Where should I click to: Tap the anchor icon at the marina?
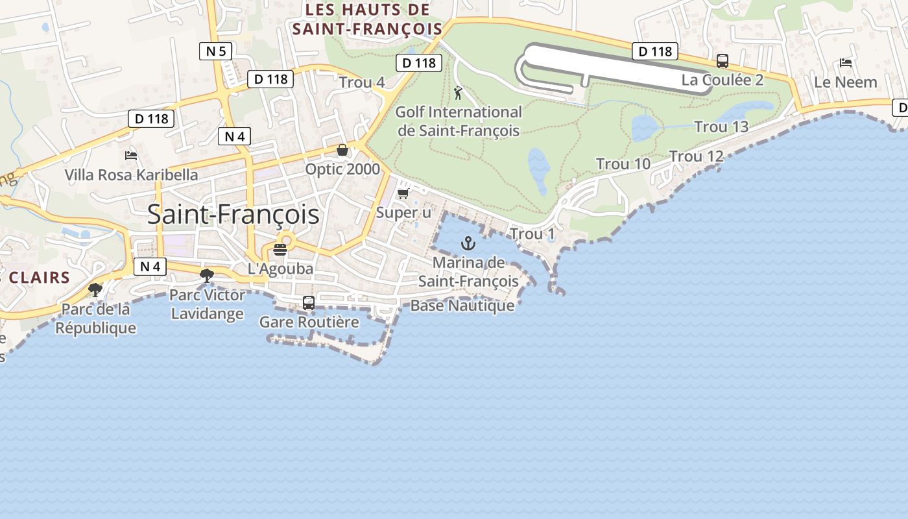(467, 244)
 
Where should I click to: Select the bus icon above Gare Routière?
(309, 302)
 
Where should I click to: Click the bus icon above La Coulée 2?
(722, 61)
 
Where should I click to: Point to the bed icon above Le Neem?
(845, 63)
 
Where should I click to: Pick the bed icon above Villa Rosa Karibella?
(131, 155)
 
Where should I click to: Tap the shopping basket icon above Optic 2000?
(342, 151)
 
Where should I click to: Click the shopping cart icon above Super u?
(403, 193)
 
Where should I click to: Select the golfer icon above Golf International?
(459, 93)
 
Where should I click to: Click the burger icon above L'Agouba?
(280, 250)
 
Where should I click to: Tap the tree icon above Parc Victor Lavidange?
(207, 276)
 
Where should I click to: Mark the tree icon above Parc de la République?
(95, 289)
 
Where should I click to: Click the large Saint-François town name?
(233, 214)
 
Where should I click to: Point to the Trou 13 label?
(721, 127)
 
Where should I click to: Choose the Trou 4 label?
(362, 82)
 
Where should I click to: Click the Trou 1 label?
(532, 234)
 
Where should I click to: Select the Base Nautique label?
(462, 306)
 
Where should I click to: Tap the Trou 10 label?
(623, 164)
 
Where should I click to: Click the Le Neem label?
(845, 82)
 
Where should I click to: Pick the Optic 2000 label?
(342, 169)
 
